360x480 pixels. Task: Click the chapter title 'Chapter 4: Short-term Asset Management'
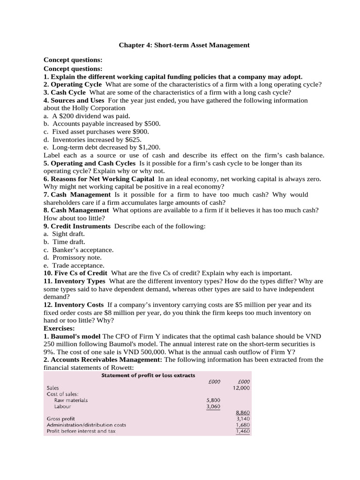coord(184,45)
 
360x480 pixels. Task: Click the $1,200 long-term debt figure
coord(138,147)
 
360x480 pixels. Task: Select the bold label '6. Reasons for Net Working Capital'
coord(98,179)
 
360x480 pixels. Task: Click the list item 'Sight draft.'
coord(68,234)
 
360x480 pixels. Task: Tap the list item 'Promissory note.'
coord(77,257)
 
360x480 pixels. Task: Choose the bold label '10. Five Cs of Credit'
coord(75,273)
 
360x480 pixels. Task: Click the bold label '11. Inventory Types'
coord(74,281)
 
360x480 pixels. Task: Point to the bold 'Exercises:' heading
coord(60,329)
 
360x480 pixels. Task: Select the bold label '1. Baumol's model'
coord(72,337)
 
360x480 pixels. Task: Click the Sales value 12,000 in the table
coord(241,388)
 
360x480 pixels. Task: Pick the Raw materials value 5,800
coord(213,400)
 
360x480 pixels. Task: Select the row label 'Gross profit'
coord(61,419)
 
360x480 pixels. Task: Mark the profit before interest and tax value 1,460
coord(243,431)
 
